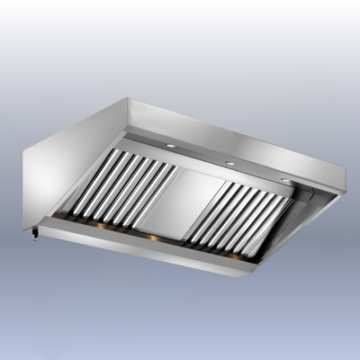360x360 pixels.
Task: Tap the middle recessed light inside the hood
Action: coord(230,164)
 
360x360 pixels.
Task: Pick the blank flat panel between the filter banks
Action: coord(184,203)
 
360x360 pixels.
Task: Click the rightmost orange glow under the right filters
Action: coord(238,255)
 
